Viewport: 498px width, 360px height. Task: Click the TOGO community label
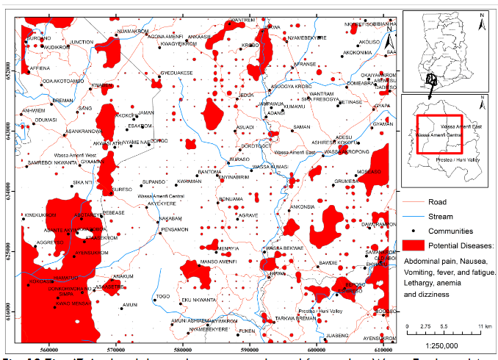[163, 296]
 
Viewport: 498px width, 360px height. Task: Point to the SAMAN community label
[302, 127]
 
